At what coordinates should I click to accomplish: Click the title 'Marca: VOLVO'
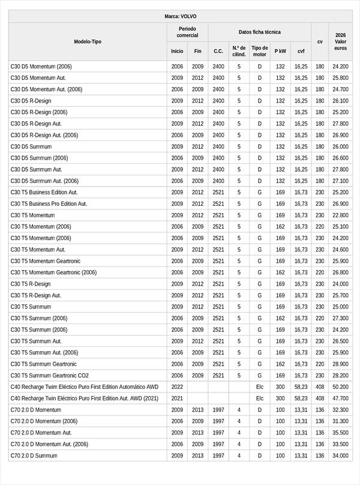tap(180, 17)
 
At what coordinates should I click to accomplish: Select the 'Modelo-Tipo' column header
tap(88, 41)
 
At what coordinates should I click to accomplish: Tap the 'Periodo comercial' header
tap(188, 32)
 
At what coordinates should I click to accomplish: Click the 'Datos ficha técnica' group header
tap(259, 32)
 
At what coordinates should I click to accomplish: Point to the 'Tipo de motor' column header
tap(260, 51)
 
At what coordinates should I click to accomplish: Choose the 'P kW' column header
tap(280, 51)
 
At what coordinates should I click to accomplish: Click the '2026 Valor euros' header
tap(340, 41)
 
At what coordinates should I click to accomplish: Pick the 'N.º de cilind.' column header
tap(239, 51)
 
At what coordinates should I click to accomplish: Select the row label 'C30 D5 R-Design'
tap(31, 101)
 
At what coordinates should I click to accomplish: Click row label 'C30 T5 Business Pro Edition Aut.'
tap(49, 204)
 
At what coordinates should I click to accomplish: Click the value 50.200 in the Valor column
tap(340, 387)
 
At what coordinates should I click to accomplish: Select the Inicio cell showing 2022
tap(177, 387)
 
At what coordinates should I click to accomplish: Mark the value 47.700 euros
tap(340, 398)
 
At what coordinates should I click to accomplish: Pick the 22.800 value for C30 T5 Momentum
tap(340, 215)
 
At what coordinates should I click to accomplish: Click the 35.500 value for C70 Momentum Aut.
tap(340, 433)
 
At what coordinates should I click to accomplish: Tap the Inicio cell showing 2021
tap(177, 398)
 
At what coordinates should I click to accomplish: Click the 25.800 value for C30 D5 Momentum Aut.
tap(340, 78)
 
